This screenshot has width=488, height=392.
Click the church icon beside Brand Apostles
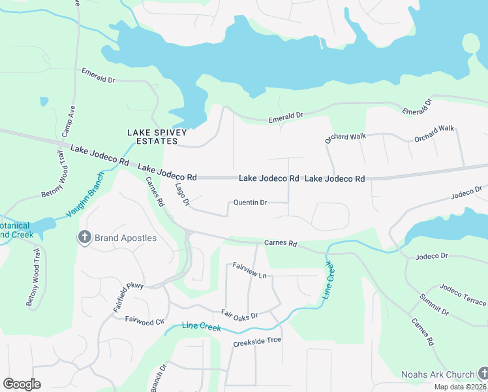84,238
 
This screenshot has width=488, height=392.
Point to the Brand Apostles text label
125,238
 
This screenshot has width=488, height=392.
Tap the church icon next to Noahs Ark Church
482,374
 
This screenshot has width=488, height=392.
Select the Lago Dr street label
182,195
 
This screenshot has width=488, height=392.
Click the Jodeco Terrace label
463,295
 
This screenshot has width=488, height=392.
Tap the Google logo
22,384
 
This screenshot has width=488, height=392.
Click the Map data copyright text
460,387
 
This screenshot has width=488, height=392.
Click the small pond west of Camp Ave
44,101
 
